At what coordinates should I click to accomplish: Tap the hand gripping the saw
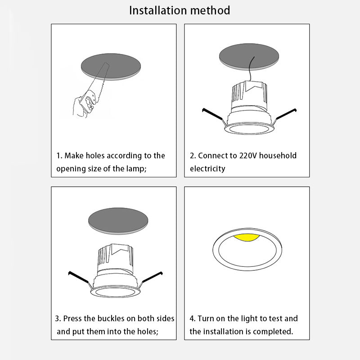[83, 107]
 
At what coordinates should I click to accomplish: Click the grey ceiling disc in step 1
[111, 67]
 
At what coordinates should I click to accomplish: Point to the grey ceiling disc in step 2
[249, 57]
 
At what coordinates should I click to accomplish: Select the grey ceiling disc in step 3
[118, 221]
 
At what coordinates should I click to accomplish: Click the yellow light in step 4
[247, 238]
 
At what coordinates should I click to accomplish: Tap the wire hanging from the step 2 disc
[251, 69]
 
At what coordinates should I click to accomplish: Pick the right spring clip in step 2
[285, 117]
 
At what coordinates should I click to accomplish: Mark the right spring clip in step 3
[151, 279]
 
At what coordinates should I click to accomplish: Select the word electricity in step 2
[207, 169]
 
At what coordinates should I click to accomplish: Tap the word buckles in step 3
[111, 319]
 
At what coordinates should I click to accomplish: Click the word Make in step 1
[74, 156]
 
